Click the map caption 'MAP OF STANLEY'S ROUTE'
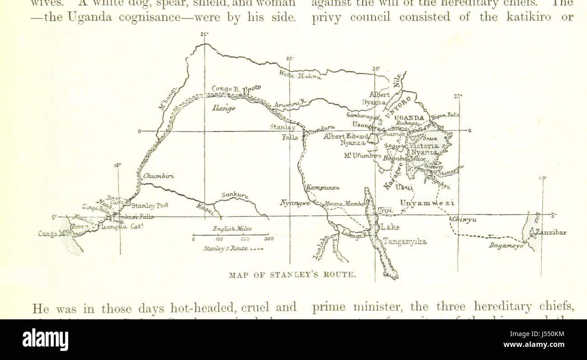point(293,274)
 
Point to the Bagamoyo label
point(506,246)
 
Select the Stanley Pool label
point(150,206)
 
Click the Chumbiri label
point(158,176)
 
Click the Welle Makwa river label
point(300,75)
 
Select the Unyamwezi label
point(427,203)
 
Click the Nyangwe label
point(295,203)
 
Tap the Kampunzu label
point(323,187)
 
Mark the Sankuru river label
point(235,195)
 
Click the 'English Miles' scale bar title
point(232,229)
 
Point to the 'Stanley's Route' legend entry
point(233,248)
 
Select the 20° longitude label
point(205,34)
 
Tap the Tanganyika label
point(404,242)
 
